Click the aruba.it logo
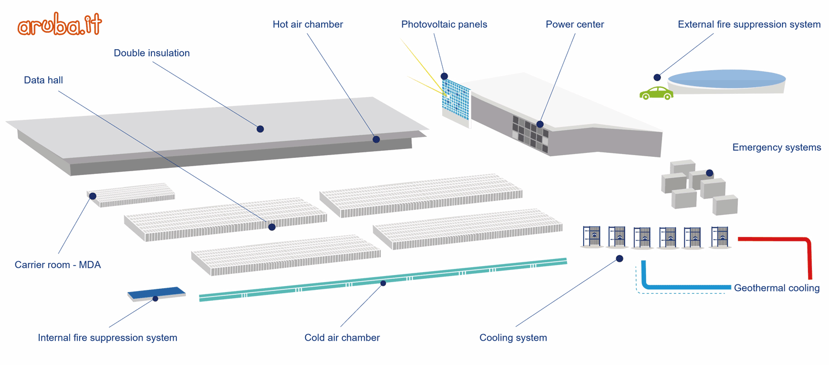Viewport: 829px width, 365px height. click(x=60, y=26)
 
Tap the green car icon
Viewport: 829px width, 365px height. click(x=657, y=93)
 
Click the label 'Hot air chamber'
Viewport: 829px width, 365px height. click(x=308, y=24)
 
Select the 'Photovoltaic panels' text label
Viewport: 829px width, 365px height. click(x=444, y=24)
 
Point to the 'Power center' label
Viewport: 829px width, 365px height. click(x=575, y=24)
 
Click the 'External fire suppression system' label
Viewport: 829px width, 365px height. click(x=749, y=24)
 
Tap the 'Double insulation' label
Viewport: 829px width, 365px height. click(x=151, y=53)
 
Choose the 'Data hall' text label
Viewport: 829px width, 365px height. click(x=44, y=80)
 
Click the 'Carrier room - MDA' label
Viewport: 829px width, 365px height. click(x=58, y=265)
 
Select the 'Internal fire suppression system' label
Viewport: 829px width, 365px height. click(x=107, y=337)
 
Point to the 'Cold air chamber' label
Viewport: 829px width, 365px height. click(x=342, y=337)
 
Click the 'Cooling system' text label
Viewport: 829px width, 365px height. click(x=513, y=337)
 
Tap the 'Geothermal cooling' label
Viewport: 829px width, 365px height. click(x=776, y=288)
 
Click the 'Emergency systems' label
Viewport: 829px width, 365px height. click(x=776, y=147)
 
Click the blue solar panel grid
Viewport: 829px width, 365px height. click(x=457, y=99)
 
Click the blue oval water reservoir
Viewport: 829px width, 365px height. click(x=727, y=79)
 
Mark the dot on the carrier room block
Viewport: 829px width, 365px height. click(x=93, y=196)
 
